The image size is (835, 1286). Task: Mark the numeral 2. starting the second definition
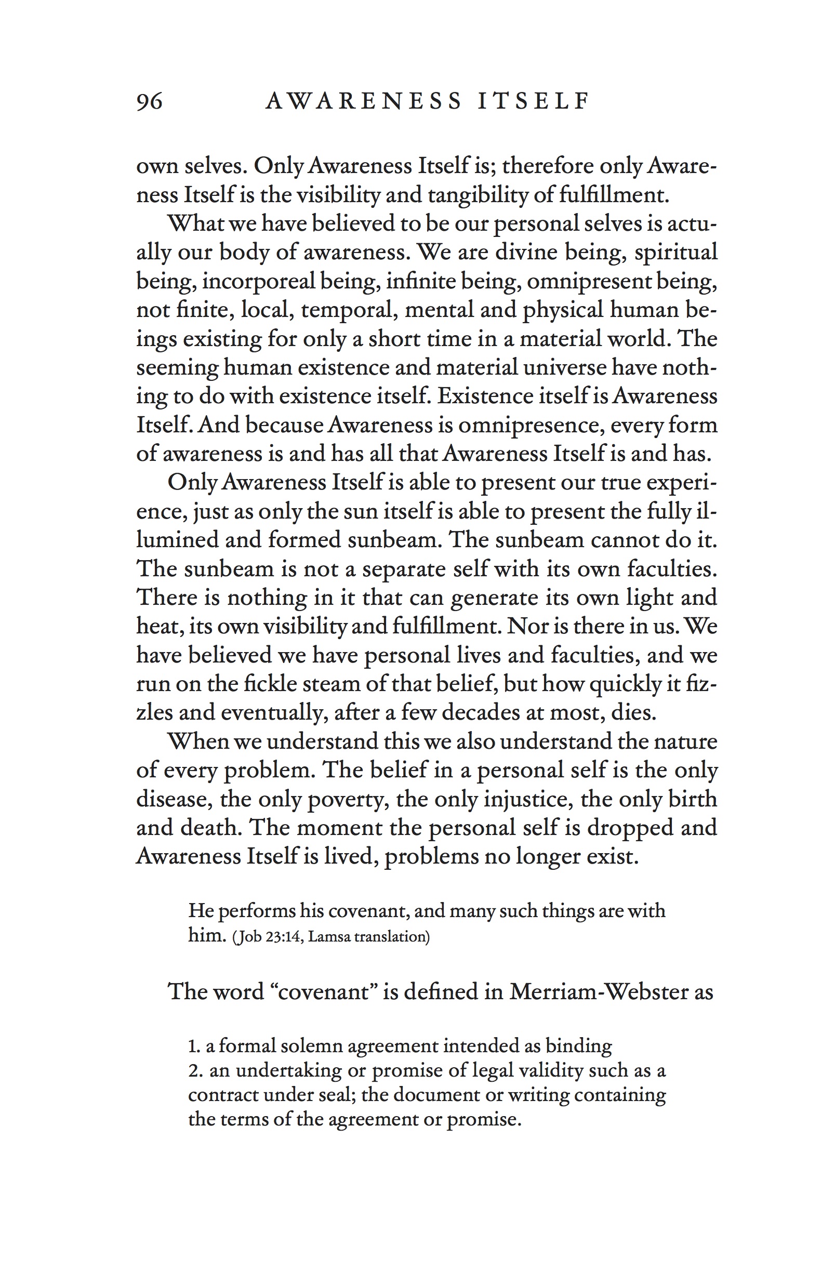(195, 1070)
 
